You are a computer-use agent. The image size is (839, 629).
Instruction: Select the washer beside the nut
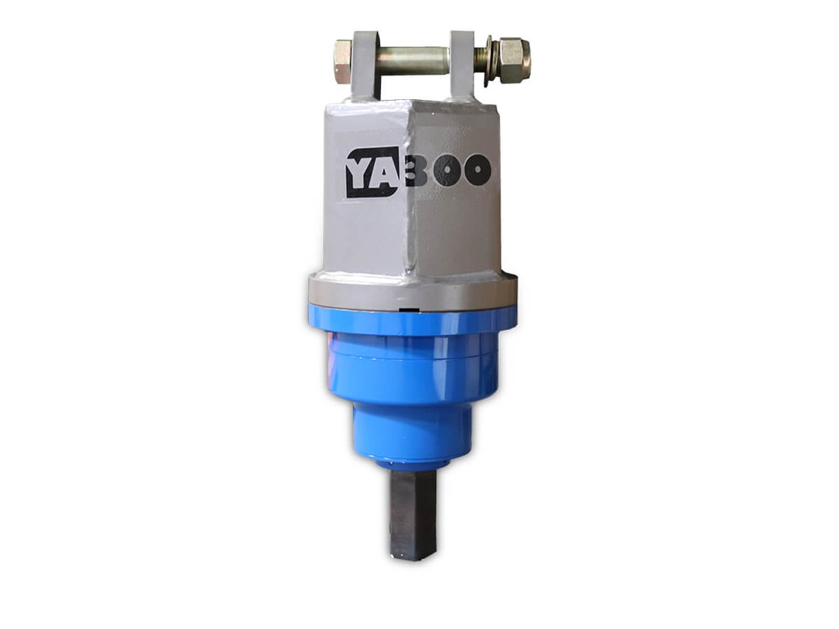tap(491, 61)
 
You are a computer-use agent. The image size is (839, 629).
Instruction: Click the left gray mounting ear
tap(365, 65)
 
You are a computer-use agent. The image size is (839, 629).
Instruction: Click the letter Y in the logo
tap(361, 172)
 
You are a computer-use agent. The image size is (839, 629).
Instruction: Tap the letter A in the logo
tap(384, 171)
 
